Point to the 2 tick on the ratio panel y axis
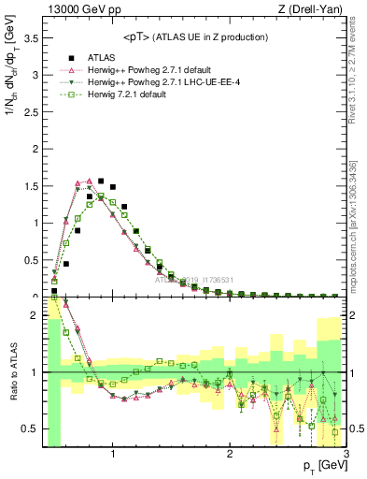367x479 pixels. pyautogui.click(x=35, y=315)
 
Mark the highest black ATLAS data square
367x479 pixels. pyautogui.click(x=101, y=181)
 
